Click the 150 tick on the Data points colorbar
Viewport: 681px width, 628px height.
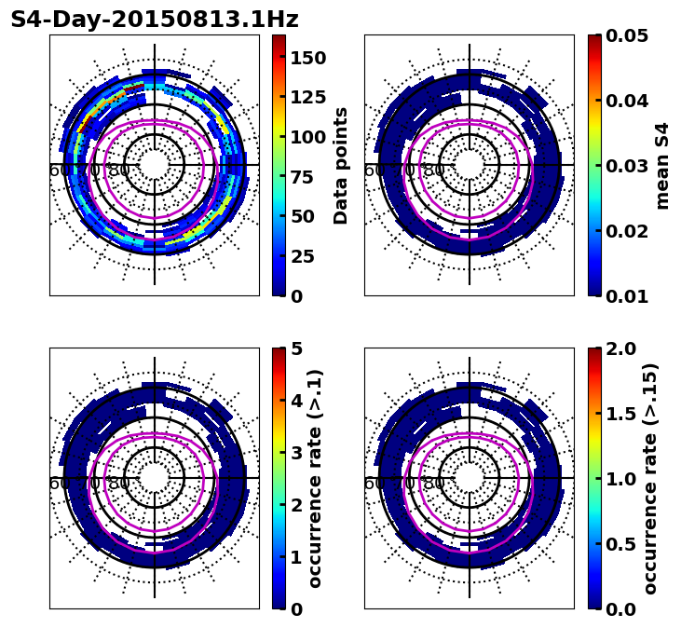307,58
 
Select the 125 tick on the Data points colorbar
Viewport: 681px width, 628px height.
307,97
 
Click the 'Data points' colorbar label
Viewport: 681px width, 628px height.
341,165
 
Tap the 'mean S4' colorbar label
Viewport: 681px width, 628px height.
662,165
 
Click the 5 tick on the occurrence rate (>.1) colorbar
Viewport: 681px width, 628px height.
296,348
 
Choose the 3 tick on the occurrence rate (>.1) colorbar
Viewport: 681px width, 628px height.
296,453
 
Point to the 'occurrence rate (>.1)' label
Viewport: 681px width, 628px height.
315,478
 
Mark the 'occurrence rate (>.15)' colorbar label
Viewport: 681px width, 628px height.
650,478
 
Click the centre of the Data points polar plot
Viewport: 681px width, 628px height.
155,165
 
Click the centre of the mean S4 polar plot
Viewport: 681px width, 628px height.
470,165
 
